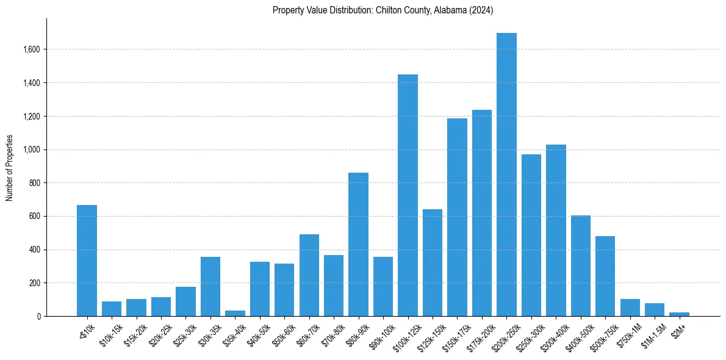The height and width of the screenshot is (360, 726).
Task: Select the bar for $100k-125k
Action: (x=408, y=195)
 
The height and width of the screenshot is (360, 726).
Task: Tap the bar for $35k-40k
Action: (x=235, y=313)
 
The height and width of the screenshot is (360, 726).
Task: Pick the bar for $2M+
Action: (x=679, y=314)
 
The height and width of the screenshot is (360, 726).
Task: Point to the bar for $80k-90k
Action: (x=358, y=244)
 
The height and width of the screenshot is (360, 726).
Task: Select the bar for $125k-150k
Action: (x=433, y=262)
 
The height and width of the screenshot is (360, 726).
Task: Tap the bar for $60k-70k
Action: (x=309, y=275)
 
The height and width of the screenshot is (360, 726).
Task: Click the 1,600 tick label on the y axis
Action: (x=31, y=49)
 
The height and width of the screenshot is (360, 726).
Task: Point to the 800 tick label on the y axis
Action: (x=34, y=183)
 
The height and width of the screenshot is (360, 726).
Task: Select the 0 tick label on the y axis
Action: (x=38, y=317)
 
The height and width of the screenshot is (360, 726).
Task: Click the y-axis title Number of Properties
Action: (x=9, y=168)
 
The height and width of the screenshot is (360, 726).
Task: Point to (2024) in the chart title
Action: (x=481, y=10)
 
